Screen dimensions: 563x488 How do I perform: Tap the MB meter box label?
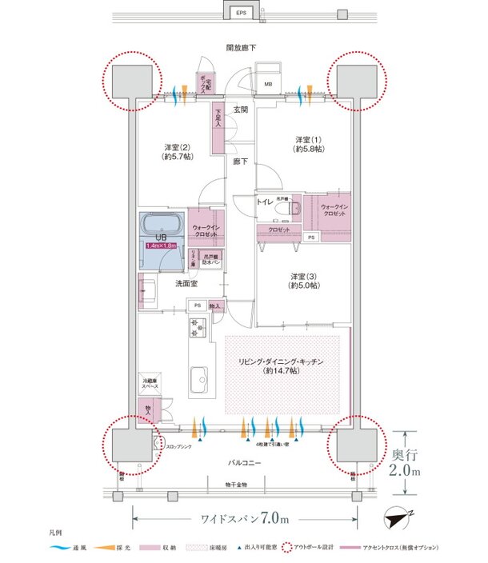(268, 82)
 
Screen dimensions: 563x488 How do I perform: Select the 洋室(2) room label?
(177, 152)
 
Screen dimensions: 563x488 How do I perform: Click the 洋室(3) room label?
(304, 280)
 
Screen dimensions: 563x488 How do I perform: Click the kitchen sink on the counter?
(198, 377)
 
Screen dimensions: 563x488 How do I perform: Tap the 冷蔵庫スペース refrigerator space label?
(149, 382)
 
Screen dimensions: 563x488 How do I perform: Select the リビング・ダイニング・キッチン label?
(282, 366)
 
